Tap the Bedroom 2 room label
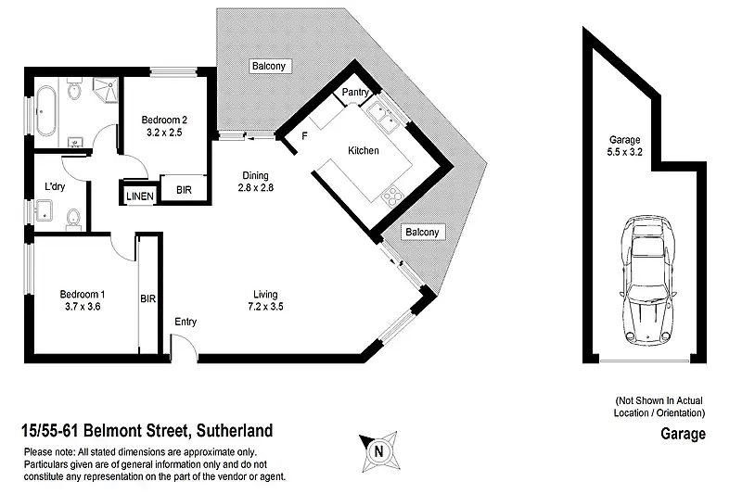(164, 125)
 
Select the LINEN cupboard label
(139, 195)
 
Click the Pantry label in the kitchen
(356, 93)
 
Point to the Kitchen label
(363, 150)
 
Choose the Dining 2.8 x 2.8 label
(255, 181)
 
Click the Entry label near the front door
(185, 322)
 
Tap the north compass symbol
(377, 451)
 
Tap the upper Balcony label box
(270, 66)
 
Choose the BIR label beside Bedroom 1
(147, 299)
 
